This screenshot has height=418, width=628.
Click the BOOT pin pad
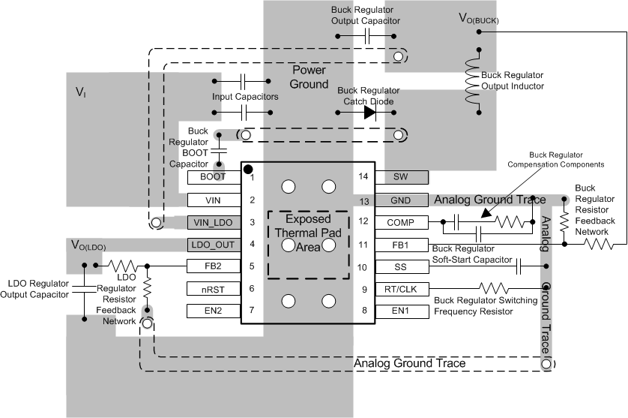tap(214, 178)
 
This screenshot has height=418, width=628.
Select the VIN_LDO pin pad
tap(214, 222)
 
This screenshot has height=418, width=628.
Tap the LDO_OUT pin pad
tap(214, 244)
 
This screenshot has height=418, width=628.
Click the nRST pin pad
tap(214, 288)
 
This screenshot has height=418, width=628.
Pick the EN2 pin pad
tap(214, 311)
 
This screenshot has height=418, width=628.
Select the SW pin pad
tap(400, 178)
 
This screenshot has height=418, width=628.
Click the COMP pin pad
tap(400, 222)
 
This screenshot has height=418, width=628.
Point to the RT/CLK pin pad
tap(400, 288)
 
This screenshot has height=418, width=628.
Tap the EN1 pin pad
tap(400, 311)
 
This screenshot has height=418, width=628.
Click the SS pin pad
tap(400, 266)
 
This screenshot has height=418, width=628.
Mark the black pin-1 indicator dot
tap(247, 170)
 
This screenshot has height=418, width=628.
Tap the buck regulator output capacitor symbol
tap(366, 36)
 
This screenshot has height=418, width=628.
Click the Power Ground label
tap(310, 77)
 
